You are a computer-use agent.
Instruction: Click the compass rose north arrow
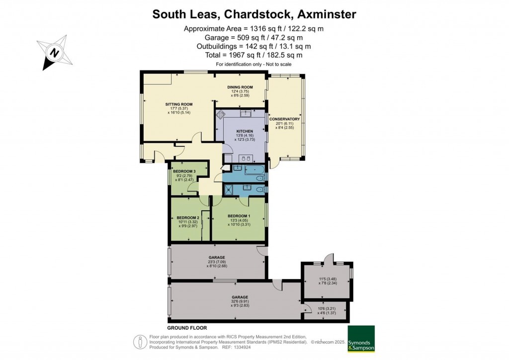coord(55,52)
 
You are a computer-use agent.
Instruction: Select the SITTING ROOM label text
coord(179,104)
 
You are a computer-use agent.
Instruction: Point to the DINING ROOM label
coord(240,87)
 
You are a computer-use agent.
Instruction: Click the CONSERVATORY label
coord(284,119)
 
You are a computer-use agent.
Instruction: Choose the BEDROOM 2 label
coord(188,218)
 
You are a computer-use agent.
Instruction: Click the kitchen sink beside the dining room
coord(245,113)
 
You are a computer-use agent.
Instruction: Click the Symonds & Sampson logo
coord(361,339)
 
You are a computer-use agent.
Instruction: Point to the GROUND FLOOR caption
coord(187,328)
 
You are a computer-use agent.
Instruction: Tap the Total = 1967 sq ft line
coord(254,55)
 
